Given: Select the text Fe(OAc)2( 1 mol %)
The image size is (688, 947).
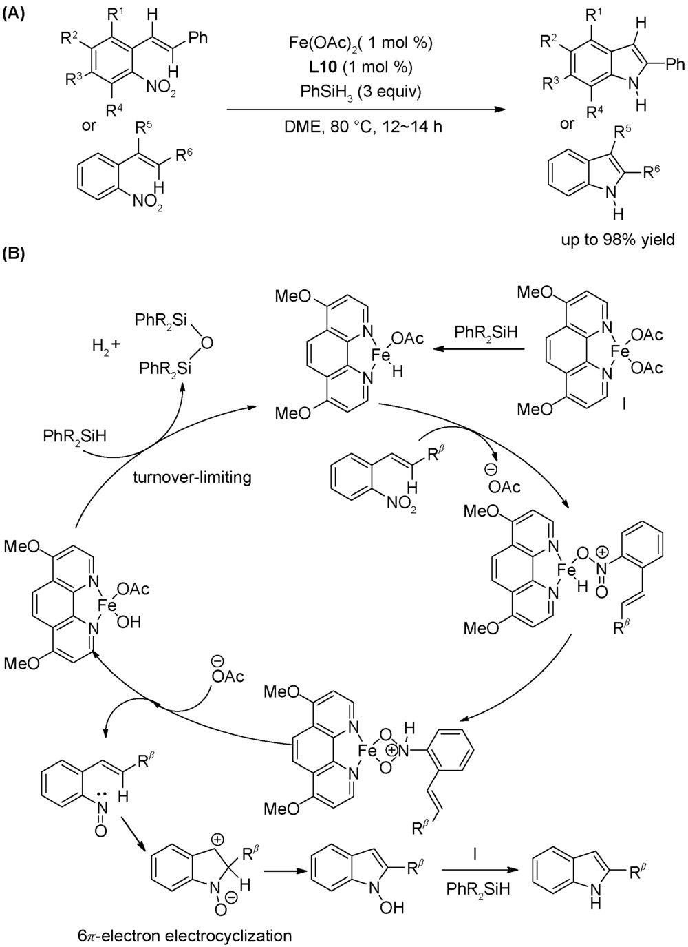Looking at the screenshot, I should coord(361,43).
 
